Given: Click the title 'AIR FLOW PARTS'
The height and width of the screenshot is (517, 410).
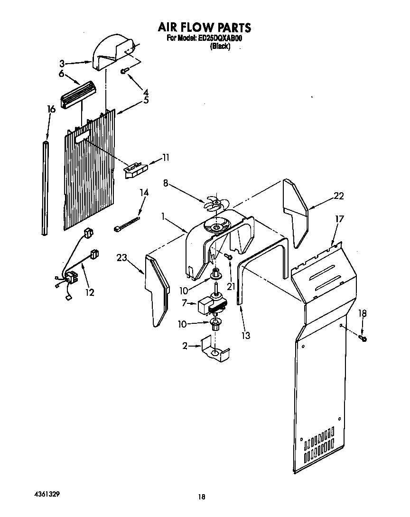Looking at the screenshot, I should (x=204, y=27).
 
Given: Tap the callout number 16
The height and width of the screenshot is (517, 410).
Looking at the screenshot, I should (x=51, y=109).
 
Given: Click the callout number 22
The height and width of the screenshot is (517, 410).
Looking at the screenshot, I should (x=338, y=196).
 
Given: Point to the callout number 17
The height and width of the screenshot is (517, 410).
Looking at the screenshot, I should (x=340, y=219).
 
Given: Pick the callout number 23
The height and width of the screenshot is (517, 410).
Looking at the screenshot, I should (x=122, y=258).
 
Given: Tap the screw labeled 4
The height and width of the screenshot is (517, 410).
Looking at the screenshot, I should (x=125, y=71).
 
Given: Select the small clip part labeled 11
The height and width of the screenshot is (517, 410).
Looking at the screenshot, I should (x=136, y=169).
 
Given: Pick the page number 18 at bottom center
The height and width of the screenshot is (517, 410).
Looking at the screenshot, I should (x=202, y=497).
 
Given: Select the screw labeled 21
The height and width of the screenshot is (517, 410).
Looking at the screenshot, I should (x=229, y=256).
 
